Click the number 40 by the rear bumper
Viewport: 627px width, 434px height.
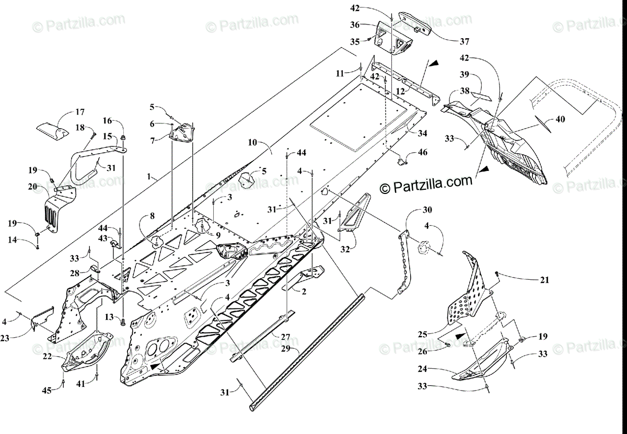tap(560, 119)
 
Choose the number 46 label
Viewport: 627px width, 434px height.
tap(422, 153)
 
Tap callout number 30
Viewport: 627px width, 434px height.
tap(427, 211)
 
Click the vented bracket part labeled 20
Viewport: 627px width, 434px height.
tap(56, 209)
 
